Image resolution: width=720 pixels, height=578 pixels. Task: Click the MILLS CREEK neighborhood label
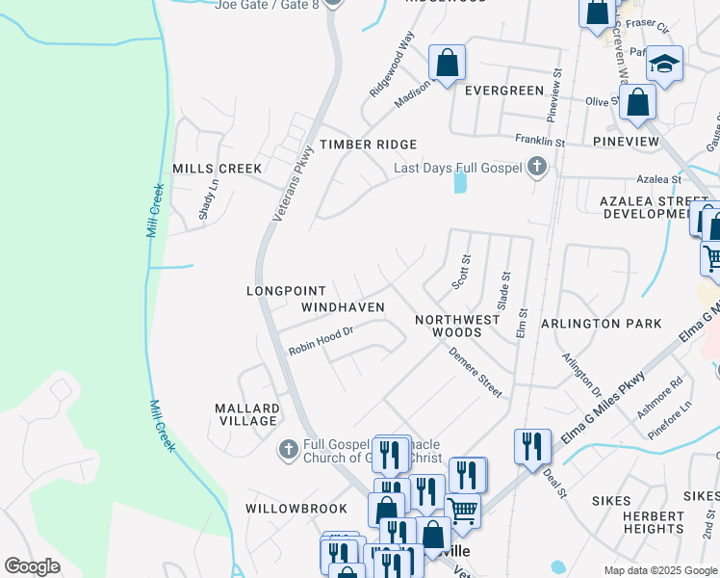pyautogui.click(x=217, y=169)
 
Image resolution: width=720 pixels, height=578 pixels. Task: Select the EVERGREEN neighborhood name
pyautogui.click(x=504, y=91)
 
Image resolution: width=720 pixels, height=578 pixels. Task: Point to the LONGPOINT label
pyautogui.click(x=288, y=290)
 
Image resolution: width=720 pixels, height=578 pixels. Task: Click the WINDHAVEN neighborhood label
pyautogui.click(x=343, y=307)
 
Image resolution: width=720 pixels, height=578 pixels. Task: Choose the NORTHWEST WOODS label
pyautogui.click(x=457, y=326)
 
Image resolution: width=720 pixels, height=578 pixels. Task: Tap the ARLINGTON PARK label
pyautogui.click(x=602, y=324)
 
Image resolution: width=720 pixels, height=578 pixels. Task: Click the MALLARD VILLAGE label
pyautogui.click(x=248, y=414)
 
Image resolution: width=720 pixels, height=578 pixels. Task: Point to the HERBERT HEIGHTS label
pyautogui.click(x=653, y=522)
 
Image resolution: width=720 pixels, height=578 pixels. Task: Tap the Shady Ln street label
pyautogui.click(x=203, y=200)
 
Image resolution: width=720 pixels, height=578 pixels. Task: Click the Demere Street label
pyautogui.click(x=476, y=372)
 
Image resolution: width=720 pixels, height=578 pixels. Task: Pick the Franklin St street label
pyautogui.click(x=539, y=141)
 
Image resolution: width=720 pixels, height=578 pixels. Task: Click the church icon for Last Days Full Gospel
pyautogui.click(x=538, y=169)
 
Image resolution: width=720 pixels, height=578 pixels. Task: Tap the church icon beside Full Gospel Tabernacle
pyautogui.click(x=288, y=449)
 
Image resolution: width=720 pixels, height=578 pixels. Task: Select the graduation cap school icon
pyautogui.click(x=664, y=65)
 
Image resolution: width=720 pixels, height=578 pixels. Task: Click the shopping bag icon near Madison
pyautogui.click(x=447, y=64)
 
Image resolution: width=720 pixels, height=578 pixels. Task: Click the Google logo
pyautogui.click(x=33, y=566)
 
